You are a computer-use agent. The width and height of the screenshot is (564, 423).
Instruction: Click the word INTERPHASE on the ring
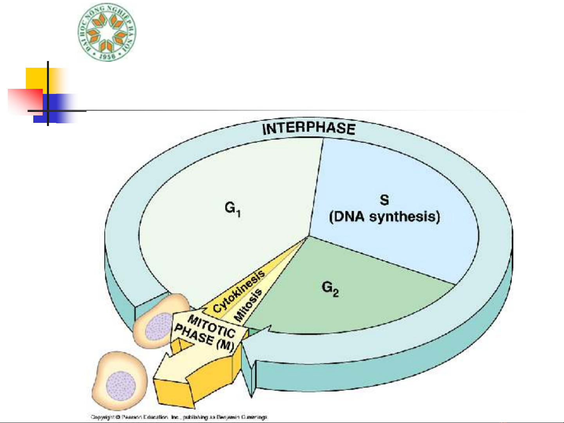(x=308, y=128)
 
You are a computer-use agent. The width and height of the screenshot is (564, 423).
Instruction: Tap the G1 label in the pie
(x=232, y=209)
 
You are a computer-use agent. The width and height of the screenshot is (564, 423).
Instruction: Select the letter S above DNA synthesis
(x=384, y=200)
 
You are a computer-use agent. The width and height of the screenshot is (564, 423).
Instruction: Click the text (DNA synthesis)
(x=384, y=217)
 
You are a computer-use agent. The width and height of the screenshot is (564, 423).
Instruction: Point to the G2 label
(x=330, y=289)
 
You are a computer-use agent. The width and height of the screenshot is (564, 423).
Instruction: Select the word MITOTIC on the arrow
(x=211, y=326)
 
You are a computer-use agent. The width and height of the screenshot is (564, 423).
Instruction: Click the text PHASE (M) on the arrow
(x=204, y=340)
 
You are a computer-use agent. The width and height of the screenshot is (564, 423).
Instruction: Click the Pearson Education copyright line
(x=179, y=417)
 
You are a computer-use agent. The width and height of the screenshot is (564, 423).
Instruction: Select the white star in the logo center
(x=107, y=32)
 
